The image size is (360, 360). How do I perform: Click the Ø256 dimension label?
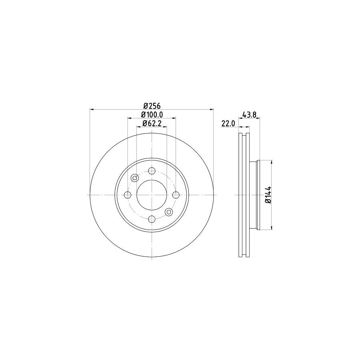tap(152, 106)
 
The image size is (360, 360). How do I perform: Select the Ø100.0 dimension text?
tap(152, 115)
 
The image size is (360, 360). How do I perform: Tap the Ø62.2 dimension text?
tap(152, 123)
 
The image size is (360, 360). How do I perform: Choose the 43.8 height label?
tap(249, 115)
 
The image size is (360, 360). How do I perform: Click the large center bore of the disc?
tap(152, 195)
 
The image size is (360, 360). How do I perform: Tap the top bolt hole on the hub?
tap(152, 171)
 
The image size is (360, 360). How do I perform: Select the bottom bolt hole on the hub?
tap(152, 219)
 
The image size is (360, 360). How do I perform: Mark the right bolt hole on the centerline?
tap(176, 195)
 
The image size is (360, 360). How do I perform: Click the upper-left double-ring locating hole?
tap(135, 178)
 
